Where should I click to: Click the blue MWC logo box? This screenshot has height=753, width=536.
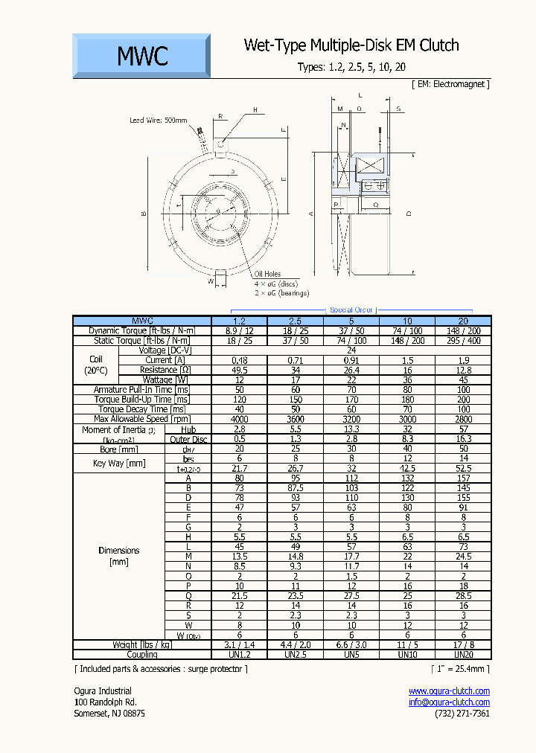pyautogui.click(x=141, y=56)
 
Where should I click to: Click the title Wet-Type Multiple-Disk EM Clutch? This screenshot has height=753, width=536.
pyautogui.click(x=351, y=45)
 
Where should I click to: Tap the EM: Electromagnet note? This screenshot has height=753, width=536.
pyautogui.click(x=450, y=84)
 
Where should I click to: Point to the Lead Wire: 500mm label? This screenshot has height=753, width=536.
pyautogui.click(x=159, y=120)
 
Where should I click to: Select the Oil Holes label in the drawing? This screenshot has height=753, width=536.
pyautogui.click(x=267, y=275)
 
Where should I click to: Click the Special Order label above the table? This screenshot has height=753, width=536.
pyautogui.click(x=351, y=310)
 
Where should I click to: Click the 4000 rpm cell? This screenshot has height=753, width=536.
pyautogui.click(x=240, y=419)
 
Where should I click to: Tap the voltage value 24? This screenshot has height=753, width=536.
pyautogui.click(x=351, y=350)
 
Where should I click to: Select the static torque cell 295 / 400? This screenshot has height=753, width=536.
pyautogui.click(x=463, y=340)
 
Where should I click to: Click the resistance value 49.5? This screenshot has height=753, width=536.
pyautogui.click(x=240, y=370)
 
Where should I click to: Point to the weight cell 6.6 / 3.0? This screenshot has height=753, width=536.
pyautogui.click(x=351, y=644)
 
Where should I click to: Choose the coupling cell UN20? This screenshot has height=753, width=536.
pyautogui.click(x=463, y=654)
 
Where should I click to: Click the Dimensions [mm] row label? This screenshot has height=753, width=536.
pyautogui.click(x=118, y=556)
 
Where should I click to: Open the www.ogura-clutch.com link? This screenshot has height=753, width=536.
pyautogui.click(x=449, y=691)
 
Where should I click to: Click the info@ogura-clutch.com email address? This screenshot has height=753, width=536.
pyautogui.click(x=449, y=702)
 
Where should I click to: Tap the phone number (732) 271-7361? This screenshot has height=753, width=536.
pyautogui.click(x=462, y=714)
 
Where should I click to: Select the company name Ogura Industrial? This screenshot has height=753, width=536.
pyautogui.click(x=103, y=691)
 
